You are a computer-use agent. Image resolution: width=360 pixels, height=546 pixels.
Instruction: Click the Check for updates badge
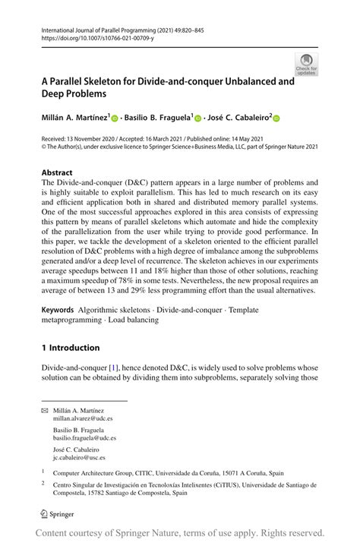coord(307,64)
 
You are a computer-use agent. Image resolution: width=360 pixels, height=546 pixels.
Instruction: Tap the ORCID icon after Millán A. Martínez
coord(115,118)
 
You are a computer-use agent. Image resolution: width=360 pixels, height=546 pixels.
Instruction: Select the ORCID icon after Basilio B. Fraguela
coord(198,118)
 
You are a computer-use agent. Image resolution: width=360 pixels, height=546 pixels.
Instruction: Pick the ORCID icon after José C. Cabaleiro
coord(276,118)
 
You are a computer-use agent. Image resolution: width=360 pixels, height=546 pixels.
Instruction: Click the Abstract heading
coord(57,172)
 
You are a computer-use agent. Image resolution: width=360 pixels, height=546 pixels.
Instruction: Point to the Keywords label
coord(58,311)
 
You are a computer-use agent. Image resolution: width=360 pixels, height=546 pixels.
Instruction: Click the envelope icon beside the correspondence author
coord(43,409)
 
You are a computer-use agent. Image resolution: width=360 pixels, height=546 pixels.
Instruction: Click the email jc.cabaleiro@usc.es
coord(79,458)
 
